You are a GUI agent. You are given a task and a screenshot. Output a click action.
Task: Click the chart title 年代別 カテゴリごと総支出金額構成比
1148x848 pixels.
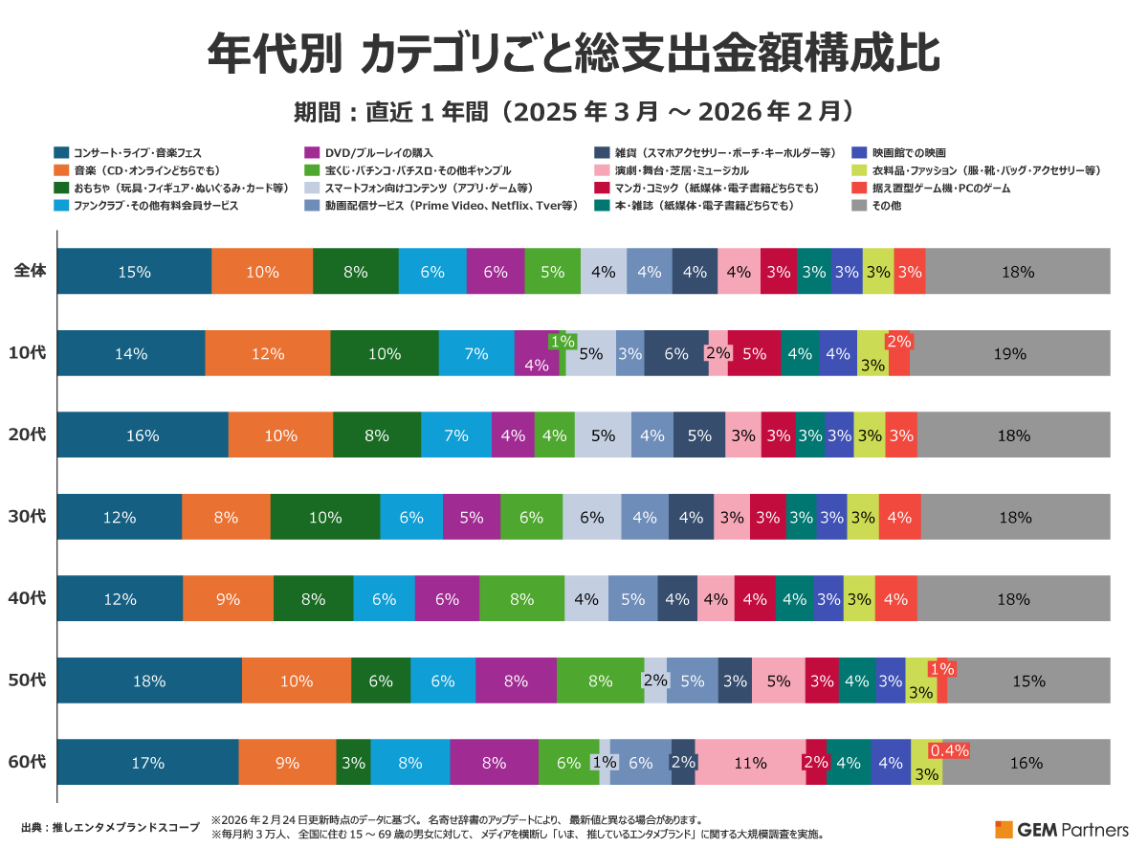(573, 56)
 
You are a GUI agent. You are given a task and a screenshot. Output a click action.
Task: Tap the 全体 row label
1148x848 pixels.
(30, 271)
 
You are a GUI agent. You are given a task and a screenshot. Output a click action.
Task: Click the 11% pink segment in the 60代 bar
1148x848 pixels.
(750, 763)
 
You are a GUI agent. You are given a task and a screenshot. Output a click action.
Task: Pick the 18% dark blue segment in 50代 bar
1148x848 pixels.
(149, 681)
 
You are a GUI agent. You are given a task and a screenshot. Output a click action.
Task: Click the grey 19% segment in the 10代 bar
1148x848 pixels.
(1009, 353)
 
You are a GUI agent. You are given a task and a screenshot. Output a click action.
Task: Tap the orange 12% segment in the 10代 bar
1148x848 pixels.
(268, 353)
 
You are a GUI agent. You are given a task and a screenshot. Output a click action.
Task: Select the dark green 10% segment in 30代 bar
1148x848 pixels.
(325, 517)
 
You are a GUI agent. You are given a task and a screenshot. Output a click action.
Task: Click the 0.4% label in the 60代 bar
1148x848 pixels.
(950, 751)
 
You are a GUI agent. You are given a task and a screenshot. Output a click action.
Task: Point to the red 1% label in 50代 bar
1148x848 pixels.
(941, 669)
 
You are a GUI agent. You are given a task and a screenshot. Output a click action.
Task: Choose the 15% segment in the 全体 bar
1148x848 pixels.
(134, 271)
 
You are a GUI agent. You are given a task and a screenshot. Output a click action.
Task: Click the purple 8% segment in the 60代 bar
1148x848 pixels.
(494, 763)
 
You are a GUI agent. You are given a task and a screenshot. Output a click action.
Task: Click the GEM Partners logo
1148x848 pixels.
(1061, 829)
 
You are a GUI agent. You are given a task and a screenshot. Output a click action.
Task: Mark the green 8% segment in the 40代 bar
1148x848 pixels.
(521, 599)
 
